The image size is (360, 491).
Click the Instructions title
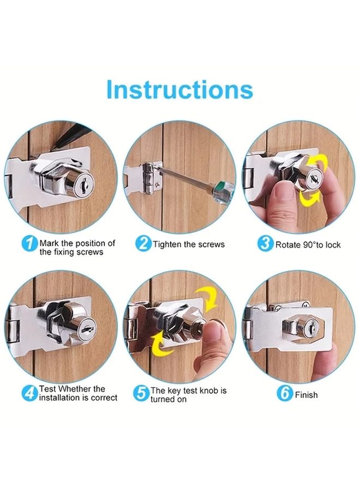(179, 89)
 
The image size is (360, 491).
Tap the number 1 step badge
(29, 243)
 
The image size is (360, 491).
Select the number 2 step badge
(143, 243)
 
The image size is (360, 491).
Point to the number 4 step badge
(29, 393)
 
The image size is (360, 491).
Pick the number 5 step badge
(142, 393)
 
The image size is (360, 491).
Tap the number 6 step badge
(284, 393)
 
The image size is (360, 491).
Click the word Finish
(306, 394)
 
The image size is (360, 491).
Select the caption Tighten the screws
(189, 244)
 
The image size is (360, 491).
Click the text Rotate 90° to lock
(308, 245)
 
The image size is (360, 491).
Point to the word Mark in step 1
(49, 243)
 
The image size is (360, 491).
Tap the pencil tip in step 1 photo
(57, 149)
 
